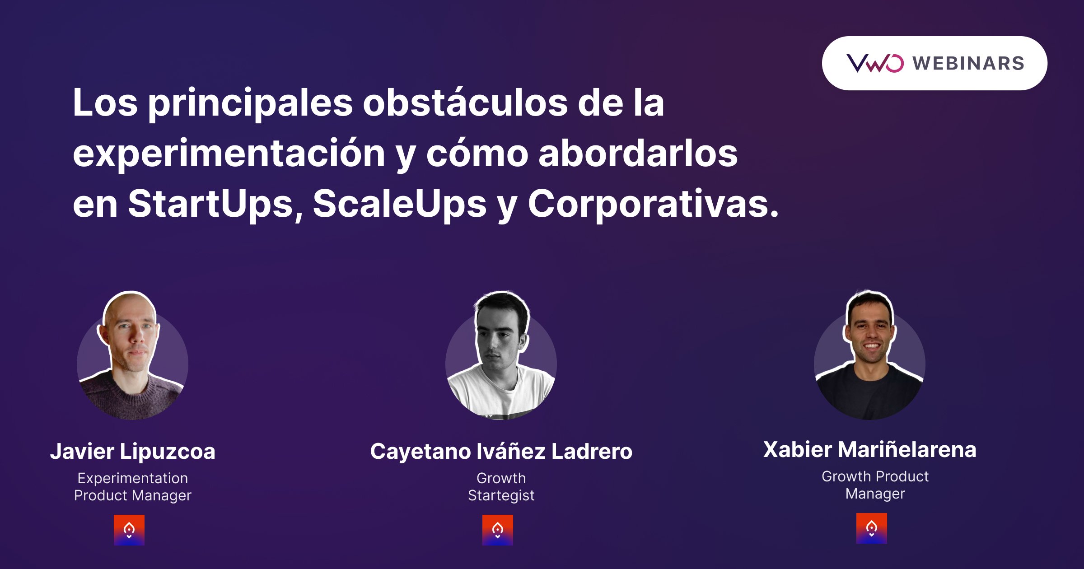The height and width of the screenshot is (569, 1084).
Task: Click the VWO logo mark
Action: point(875,63)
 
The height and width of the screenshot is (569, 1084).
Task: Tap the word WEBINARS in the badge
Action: point(968,63)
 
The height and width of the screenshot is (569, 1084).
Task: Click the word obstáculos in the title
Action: point(465,103)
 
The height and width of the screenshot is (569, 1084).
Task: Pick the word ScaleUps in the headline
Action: point(400,204)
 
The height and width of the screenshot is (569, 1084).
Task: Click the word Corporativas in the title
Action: point(653,204)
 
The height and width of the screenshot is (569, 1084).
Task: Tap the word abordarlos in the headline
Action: point(638,154)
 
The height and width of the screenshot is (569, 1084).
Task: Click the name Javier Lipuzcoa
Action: point(133,451)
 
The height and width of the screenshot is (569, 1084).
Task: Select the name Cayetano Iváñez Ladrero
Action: point(501,451)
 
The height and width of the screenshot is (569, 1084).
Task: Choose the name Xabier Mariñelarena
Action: point(870,449)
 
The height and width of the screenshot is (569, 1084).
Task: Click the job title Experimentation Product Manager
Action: point(133,487)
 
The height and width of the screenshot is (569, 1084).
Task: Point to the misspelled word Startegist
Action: point(501,495)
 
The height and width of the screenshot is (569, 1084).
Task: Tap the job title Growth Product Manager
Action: point(875,485)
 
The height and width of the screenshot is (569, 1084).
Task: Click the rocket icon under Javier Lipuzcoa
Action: point(129,530)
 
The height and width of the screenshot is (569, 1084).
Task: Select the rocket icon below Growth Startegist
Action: point(498,530)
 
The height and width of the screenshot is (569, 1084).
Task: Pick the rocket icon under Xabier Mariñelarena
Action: point(872,528)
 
